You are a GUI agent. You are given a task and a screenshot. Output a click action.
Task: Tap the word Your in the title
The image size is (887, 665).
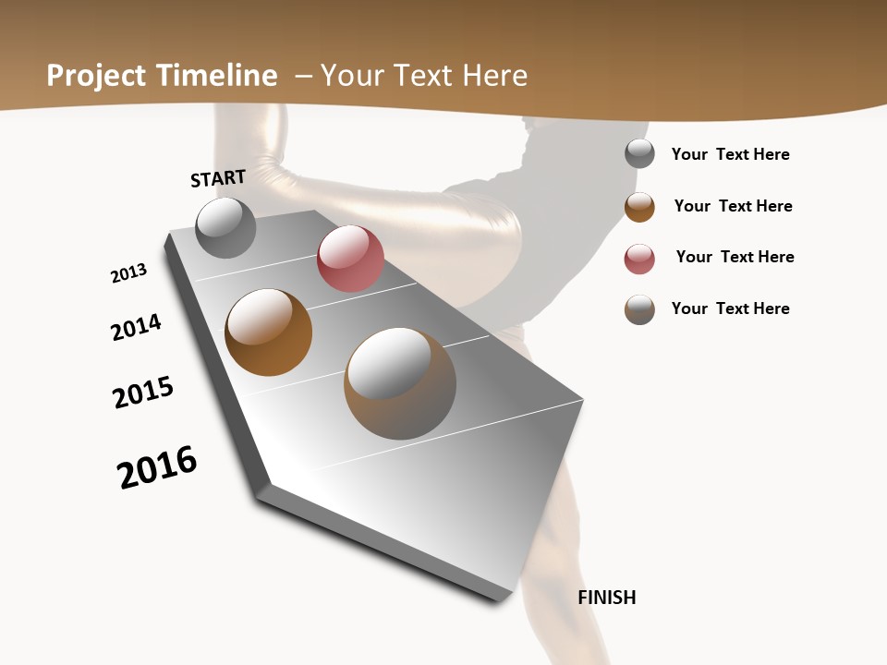pyautogui.click(x=348, y=76)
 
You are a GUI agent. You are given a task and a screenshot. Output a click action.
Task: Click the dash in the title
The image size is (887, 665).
pyautogui.click(x=303, y=76)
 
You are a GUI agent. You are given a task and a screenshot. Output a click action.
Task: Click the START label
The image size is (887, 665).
pyautogui.click(x=218, y=178)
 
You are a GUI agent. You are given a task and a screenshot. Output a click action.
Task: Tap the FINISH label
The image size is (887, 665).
pyautogui.click(x=607, y=598)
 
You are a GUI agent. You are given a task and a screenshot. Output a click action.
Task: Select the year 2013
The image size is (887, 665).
pyautogui.click(x=128, y=273)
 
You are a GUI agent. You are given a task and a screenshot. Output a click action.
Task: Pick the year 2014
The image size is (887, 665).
pyautogui.click(x=136, y=327)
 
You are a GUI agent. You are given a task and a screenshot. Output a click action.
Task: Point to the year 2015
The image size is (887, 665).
pyautogui.click(x=143, y=393)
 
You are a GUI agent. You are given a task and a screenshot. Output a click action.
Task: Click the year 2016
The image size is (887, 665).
pyautogui.click(x=157, y=467)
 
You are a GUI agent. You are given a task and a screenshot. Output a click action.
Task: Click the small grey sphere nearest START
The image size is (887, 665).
pyautogui.click(x=225, y=228)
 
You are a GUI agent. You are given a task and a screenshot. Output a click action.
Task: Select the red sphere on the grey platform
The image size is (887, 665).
pyautogui.click(x=350, y=259)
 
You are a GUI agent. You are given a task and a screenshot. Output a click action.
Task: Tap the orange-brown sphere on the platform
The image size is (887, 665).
pyautogui.click(x=268, y=332)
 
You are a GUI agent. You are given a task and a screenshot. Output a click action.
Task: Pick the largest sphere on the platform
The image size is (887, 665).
pyautogui.click(x=400, y=383)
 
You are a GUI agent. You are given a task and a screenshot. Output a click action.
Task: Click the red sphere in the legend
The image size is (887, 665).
pyautogui.click(x=639, y=259)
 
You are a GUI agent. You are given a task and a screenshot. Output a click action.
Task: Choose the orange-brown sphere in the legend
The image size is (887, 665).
pyautogui.click(x=639, y=207)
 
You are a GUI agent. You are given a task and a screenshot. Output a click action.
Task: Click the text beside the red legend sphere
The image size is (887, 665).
pyautogui.click(x=735, y=257)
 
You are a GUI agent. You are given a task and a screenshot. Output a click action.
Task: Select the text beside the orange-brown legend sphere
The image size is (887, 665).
pyautogui.click(x=733, y=206)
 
